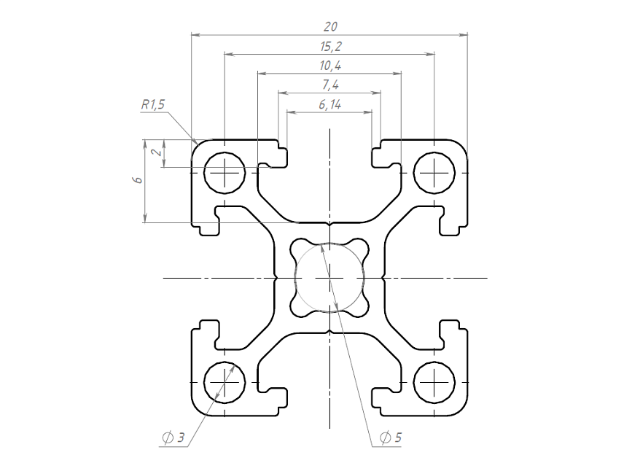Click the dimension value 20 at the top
pyautogui.click(x=329, y=26)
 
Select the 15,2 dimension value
pyautogui.click(x=329, y=46)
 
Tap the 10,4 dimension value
pyautogui.click(x=329, y=66)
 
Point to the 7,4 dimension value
pyautogui.click(x=329, y=85)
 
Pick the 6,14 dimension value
pyautogui.click(x=329, y=104)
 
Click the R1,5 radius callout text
pyautogui.click(x=153, y=104)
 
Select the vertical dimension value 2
pyautogui.click(x=155, y=153)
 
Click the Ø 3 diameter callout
pyautogui.click(x=174, y=438)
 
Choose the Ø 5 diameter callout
pyautogui.click(x=391, y=438)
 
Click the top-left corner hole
pyautogui.click(x=225, y=174)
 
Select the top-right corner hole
pyautogui.click(x=434, y=174)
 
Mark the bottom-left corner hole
pyautogui.click(x=225, y=382)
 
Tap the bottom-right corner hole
pyautogui.click(x=434, y=382)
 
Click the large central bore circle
pyautogui.click(x=329, y=278)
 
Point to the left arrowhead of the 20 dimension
pyautogui.click(x=195, y=34)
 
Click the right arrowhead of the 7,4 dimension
pyautogui.click(x=377, y=93)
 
